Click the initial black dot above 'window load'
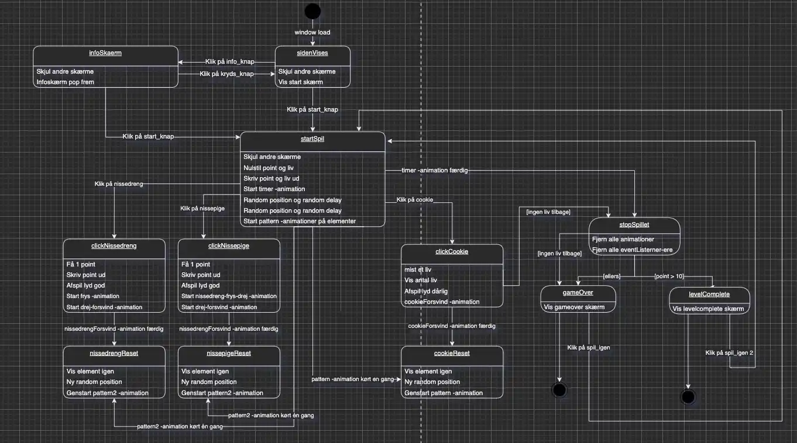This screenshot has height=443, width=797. [312, 11]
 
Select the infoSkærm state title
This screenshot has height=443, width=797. [105, 53]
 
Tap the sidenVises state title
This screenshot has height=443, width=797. [312, 53]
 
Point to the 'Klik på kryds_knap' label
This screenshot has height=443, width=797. [226, 74]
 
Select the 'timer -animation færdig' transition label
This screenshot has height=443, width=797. [434, 170]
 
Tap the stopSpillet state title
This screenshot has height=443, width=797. [634, 224]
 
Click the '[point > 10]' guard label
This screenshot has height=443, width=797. [668, 275]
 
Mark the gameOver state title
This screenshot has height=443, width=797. [578, 293]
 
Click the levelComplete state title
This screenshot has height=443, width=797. [709, 293]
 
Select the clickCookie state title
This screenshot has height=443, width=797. [452, 252]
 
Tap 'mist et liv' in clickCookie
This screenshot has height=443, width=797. [418, 269]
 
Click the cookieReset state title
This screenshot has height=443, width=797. [452, 353]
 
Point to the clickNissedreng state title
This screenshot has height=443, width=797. [114, 246]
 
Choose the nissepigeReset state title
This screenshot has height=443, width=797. [229, 353]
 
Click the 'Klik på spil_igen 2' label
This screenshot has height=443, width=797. [728, 352]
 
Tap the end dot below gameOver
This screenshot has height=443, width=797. [559, 390]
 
